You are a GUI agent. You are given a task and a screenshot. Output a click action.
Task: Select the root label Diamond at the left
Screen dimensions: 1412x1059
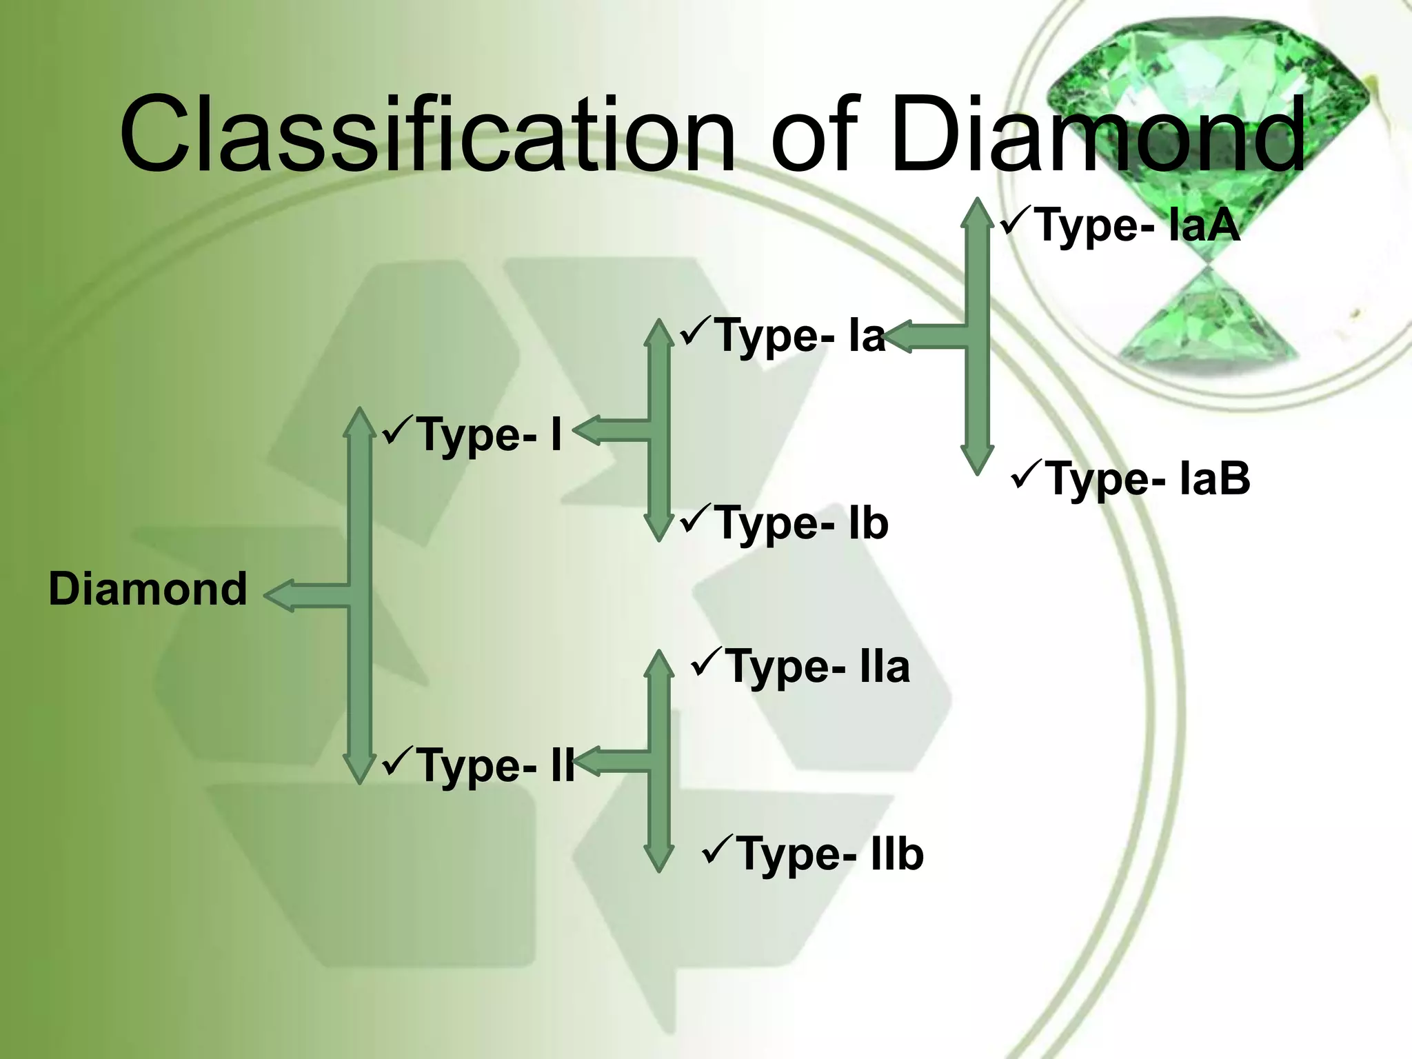pyautogui.click(x=148, y=589)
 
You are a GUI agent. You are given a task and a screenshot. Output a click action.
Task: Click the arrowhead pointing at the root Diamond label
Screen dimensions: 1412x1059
pyautogui.click(x=280, y=596)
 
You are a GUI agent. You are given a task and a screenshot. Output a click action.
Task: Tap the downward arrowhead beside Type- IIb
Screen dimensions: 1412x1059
pyautogui.click(x=659, y=858)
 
